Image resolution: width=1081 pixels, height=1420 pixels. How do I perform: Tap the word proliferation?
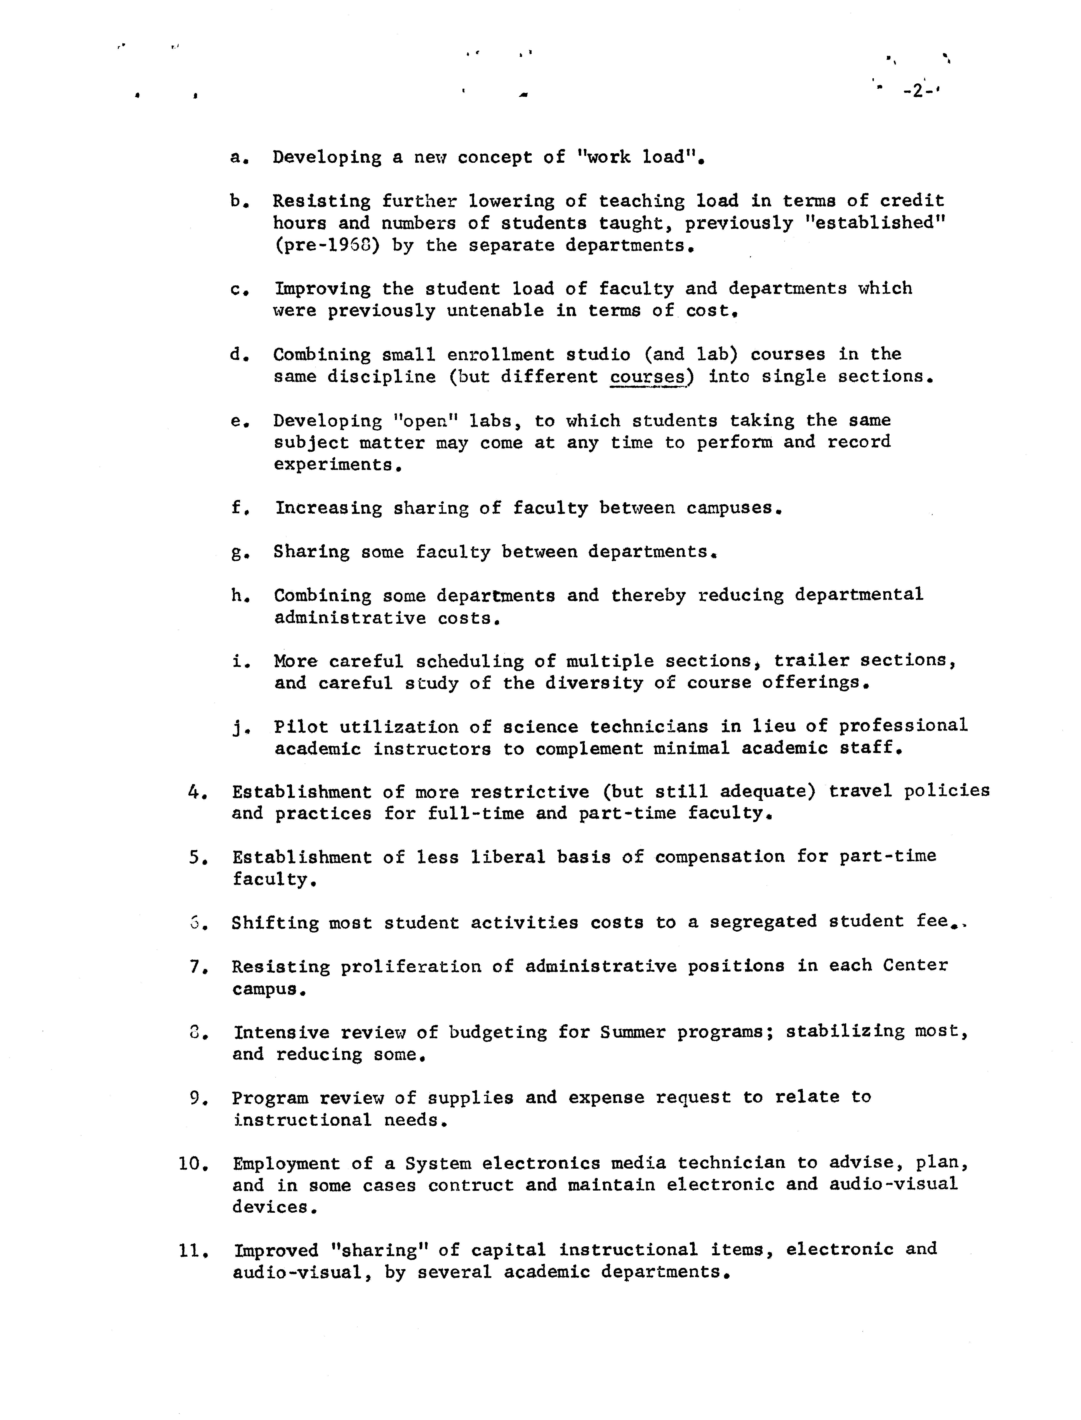coord(411,966)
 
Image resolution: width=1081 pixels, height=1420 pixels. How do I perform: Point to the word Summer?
coord(632,1032)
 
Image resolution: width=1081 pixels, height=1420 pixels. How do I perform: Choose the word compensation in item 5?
coord(719,856)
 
